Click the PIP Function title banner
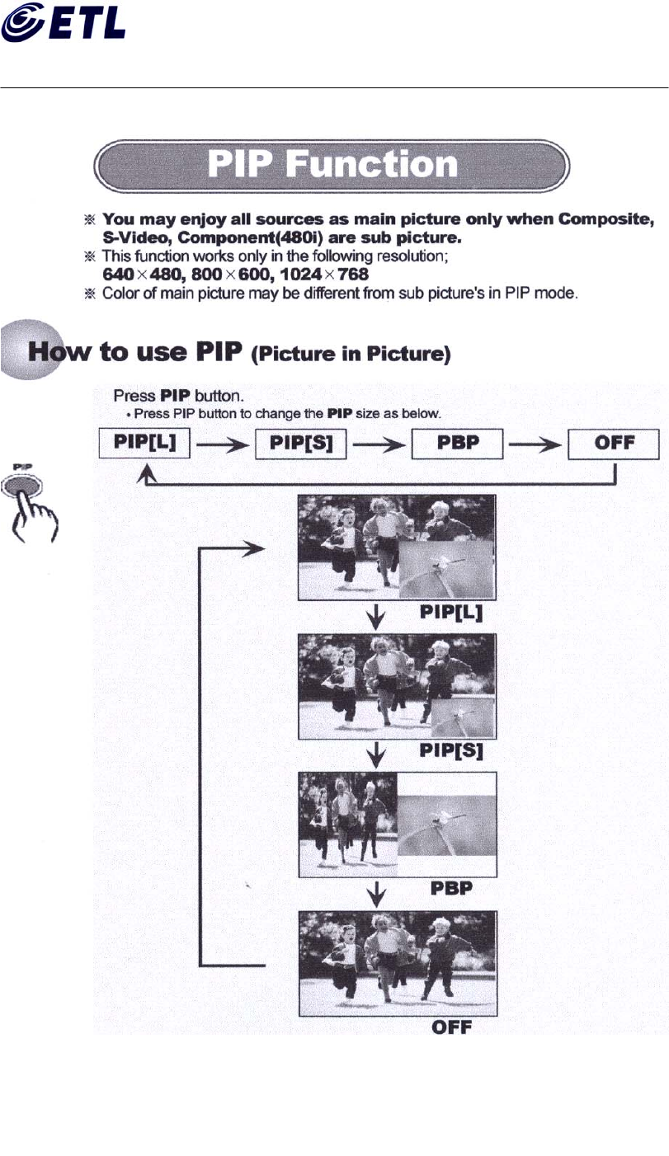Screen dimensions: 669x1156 332,165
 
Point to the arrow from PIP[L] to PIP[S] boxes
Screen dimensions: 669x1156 223,444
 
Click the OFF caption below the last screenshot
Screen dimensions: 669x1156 452,1028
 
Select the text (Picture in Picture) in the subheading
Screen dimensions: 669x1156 351,355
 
